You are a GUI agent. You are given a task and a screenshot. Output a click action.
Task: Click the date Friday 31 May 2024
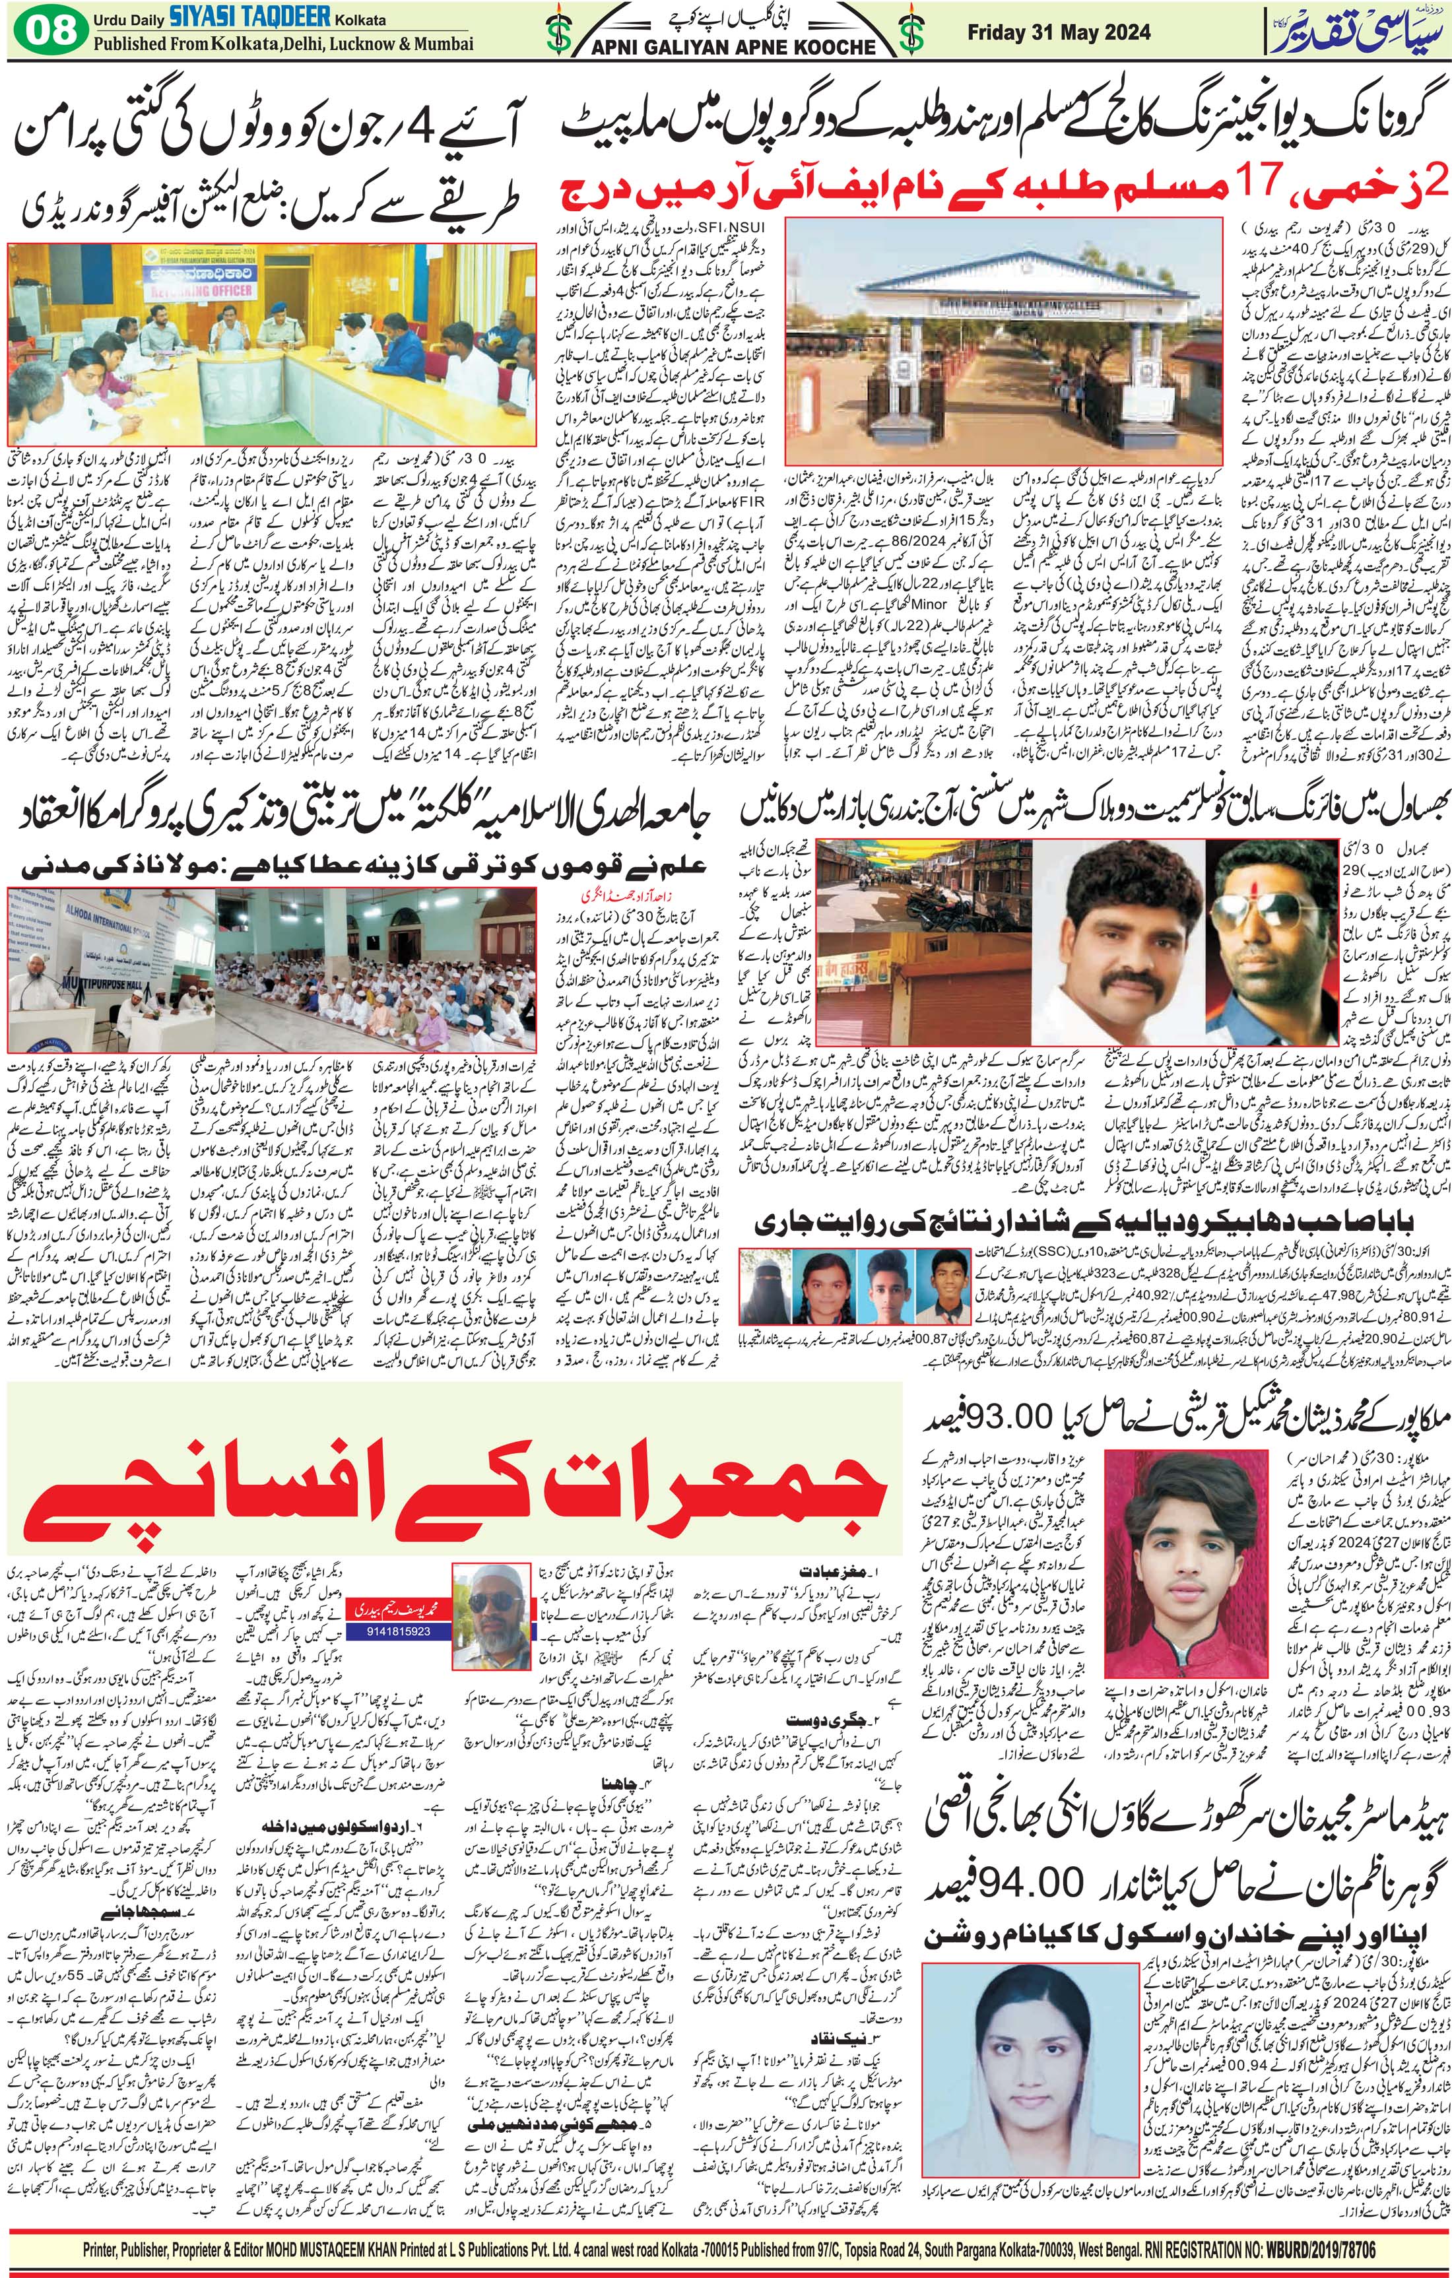tap(1059, 32)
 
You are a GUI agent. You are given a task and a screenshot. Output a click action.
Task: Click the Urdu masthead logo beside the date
tap(1353, 33)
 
